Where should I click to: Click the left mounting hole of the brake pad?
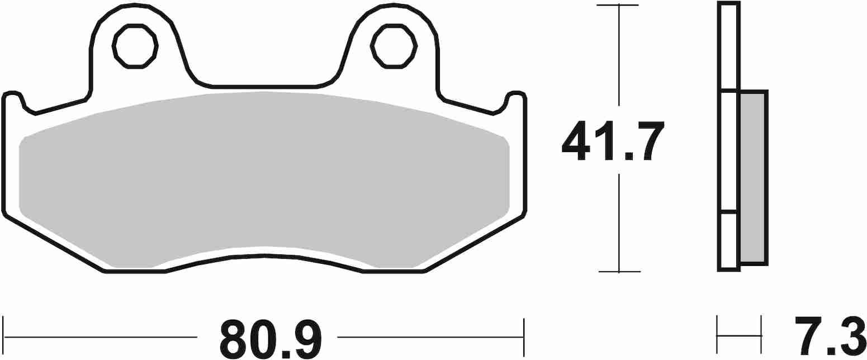point(135,46)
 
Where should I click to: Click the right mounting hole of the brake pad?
point(394,46)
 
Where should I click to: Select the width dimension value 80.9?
point(271,338)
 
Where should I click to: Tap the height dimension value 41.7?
point(613,140)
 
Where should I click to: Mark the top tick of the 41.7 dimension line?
point(618,6)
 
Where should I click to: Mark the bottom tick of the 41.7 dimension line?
point(619,272)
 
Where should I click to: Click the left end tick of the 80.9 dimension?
point(3,337)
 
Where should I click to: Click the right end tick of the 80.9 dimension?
point(523,337)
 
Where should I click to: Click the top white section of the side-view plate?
point(728,46)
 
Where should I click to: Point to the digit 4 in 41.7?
point(576,140)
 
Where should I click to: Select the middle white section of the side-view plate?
point(728,151)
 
